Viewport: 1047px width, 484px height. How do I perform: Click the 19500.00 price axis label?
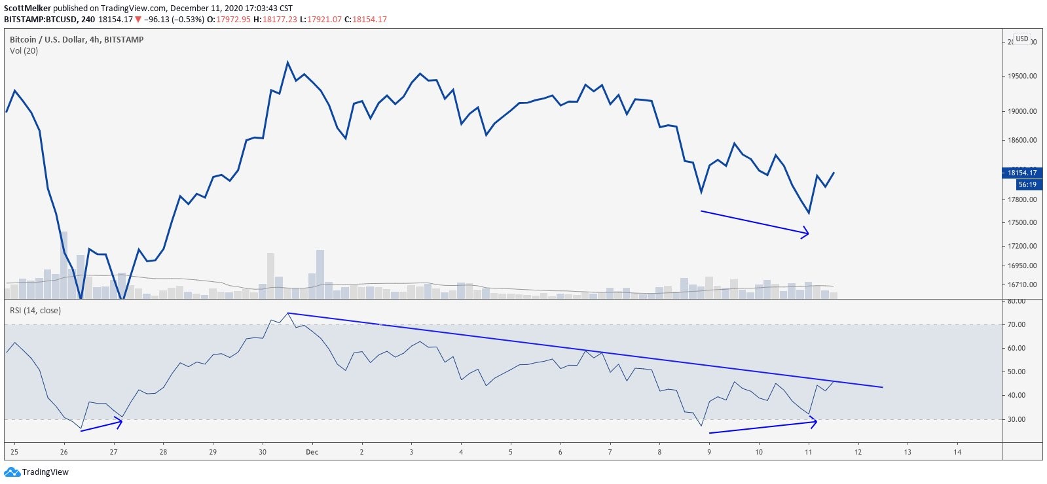[x=1021, y=76]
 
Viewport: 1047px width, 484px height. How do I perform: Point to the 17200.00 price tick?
[x=1021, y=246]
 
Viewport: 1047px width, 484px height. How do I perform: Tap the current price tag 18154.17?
[x=1021, y=173]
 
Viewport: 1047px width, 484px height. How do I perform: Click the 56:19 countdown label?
[x=1027, y=184]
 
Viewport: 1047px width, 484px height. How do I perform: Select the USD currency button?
[x=1021, y=39]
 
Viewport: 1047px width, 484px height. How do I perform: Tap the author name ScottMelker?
[x=28, y=9]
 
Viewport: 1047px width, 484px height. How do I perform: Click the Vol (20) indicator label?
[x=24, y=50]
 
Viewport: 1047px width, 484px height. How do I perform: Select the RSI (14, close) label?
[x=35, y=310]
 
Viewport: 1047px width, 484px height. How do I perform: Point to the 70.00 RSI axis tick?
[x=1016, y=324]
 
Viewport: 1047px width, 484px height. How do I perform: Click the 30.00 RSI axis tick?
[x=1016, y=419]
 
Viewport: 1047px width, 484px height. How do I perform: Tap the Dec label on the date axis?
[x=312, y=452]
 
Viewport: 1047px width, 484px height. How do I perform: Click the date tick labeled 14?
[x=957, y=452]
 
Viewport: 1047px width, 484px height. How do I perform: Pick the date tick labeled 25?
[x=14, y=452]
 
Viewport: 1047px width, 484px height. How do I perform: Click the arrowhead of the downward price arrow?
[x=807, y=233]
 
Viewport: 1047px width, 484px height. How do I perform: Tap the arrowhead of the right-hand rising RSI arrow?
[x=814, y=423]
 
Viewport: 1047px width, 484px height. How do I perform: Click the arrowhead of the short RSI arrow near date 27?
[x=120, y=422]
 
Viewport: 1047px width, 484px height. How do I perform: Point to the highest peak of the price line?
[x=287, y=63]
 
